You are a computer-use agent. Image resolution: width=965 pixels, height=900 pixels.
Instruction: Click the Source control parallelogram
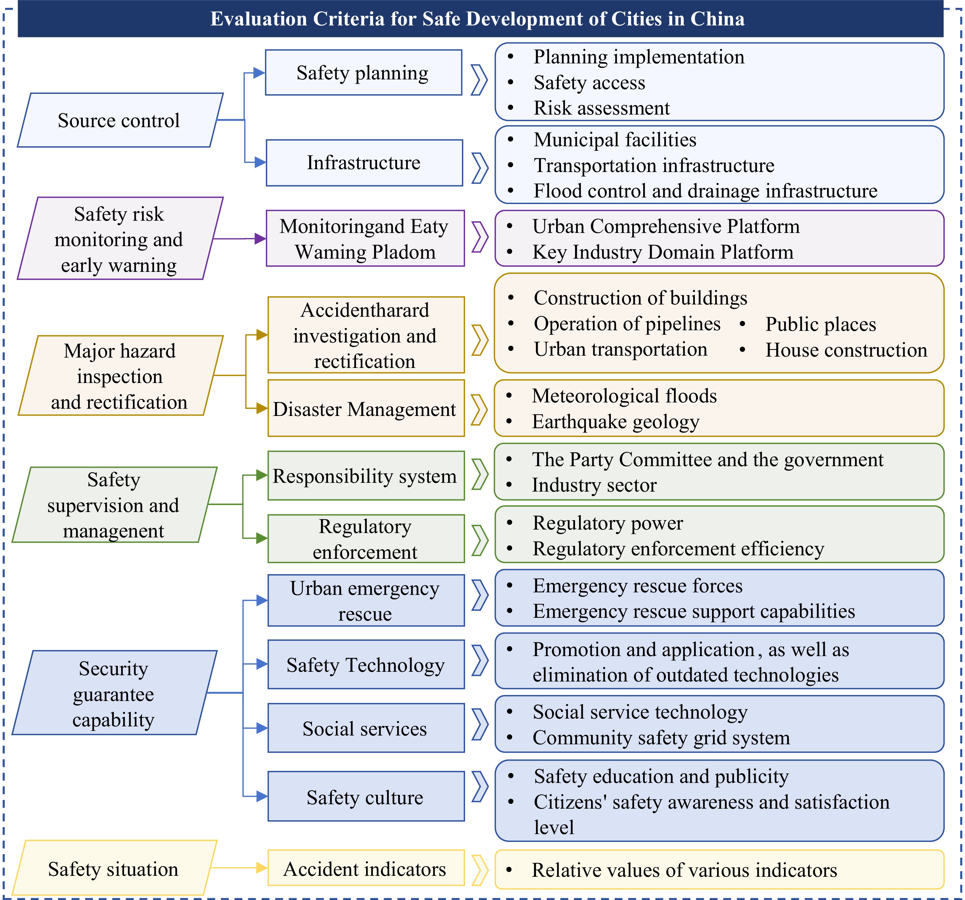[119, 120]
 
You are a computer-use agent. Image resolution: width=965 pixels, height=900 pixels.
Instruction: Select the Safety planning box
[363, 73]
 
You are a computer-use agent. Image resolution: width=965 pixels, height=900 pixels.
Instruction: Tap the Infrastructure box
[364, 163]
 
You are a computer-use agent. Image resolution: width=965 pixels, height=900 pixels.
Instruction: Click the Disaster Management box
[365, 409]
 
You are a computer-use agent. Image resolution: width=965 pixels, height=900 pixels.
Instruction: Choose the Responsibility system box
[365, 476]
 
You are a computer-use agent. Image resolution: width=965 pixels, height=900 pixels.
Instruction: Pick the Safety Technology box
[365, 665]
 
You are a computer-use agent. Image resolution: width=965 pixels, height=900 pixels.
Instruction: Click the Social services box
[365, 728]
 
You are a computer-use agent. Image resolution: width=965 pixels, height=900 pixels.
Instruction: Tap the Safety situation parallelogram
[113, 869]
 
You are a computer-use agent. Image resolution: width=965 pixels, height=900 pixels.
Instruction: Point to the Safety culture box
[365, 797]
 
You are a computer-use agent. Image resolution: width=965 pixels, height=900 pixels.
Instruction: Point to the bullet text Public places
[820, 324]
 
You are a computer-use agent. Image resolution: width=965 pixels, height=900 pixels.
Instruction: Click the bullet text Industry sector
[594, 485]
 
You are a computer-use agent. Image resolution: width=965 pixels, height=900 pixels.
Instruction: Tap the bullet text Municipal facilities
[615, 140]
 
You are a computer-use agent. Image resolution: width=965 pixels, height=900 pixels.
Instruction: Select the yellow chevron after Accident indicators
[480, 870]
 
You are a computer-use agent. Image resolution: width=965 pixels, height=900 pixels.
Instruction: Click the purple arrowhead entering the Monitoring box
[260, 239]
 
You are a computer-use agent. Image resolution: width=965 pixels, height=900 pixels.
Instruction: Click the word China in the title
[717, 19]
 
